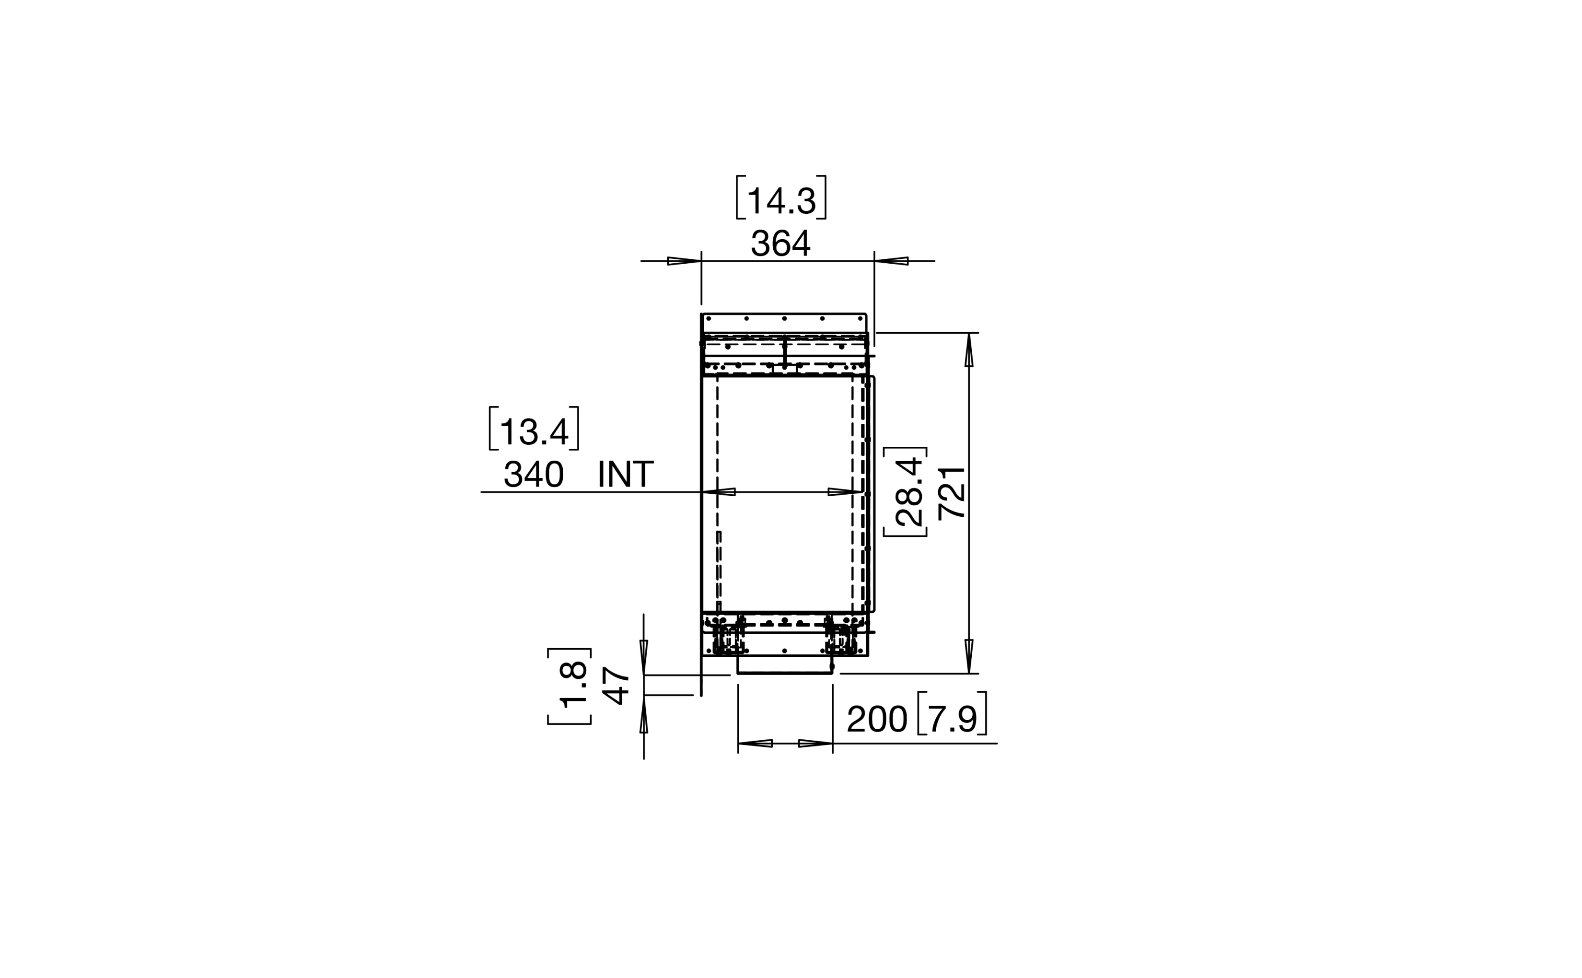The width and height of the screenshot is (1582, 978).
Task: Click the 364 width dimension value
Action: [x=780, y=243]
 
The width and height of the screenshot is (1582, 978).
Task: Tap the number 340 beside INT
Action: [x=534, y=474]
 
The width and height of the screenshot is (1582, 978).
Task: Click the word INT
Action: [x=626, y=474]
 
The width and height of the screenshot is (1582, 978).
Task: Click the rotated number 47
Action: [x=615, y=687]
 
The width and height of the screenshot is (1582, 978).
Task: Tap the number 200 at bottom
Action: [x=877, y=719]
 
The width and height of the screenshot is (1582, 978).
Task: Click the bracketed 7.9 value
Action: [x=952, y=719]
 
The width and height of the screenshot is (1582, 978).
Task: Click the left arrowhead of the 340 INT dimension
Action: [x=719, y=492]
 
